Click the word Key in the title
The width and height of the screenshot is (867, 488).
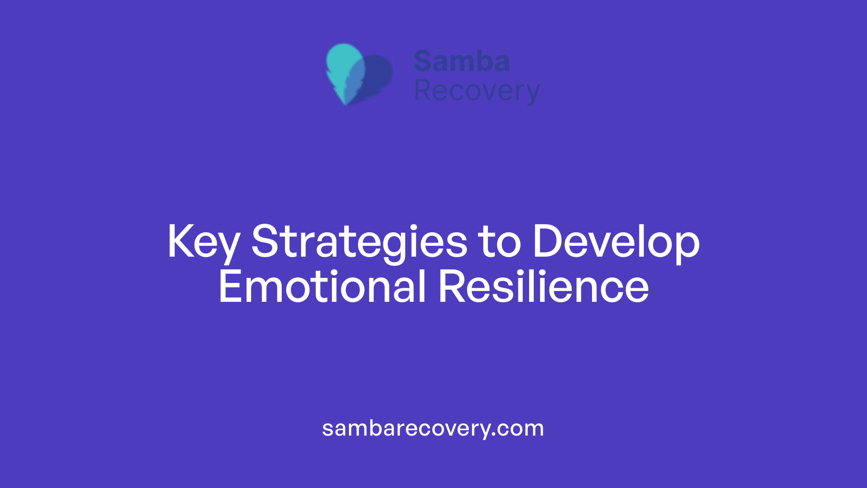click(x=203, y=242)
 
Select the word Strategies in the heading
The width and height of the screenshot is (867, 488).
click(x=359, y=242)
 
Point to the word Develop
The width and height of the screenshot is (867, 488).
click(x=616, y=242)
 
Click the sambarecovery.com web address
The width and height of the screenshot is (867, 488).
click(x=433, y=428)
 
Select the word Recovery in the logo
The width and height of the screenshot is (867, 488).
click(x=476, y=91)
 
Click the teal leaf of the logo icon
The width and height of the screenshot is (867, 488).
click(x=344, y=63)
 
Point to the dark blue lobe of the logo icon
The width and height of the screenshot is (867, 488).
click(x=378, y=75)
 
